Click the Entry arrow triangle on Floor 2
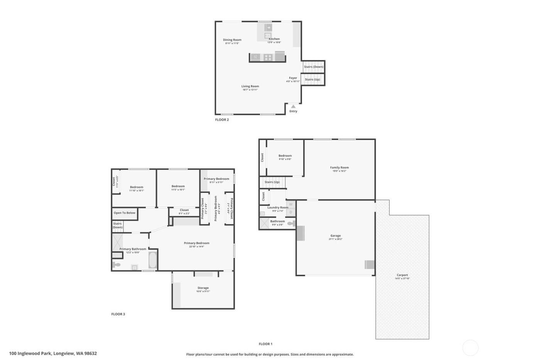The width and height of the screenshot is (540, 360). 294,106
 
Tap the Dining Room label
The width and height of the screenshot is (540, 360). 232,40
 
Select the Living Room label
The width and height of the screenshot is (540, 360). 250,86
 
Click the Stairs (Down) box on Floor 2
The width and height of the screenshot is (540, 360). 313,67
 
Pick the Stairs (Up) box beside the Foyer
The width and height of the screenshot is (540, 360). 312,79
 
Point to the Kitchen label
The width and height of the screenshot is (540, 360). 274,39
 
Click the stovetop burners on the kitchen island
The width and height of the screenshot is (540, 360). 268,57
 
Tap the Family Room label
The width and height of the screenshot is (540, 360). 339,167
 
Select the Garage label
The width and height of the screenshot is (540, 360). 335,235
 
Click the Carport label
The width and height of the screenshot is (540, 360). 402,275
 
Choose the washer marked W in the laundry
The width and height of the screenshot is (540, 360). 291,204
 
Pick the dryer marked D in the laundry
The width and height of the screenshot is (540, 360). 291,212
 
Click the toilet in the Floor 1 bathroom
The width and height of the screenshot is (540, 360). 290,223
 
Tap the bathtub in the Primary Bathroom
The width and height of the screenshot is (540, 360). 153,260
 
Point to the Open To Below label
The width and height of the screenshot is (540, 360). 125,213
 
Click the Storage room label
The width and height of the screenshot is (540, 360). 203,288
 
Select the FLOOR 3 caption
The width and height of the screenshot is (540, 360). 118,314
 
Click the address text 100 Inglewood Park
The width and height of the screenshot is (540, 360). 53,353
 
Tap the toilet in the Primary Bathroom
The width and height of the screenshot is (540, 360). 116,265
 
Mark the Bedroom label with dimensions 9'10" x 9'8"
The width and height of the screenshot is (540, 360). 285,156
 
